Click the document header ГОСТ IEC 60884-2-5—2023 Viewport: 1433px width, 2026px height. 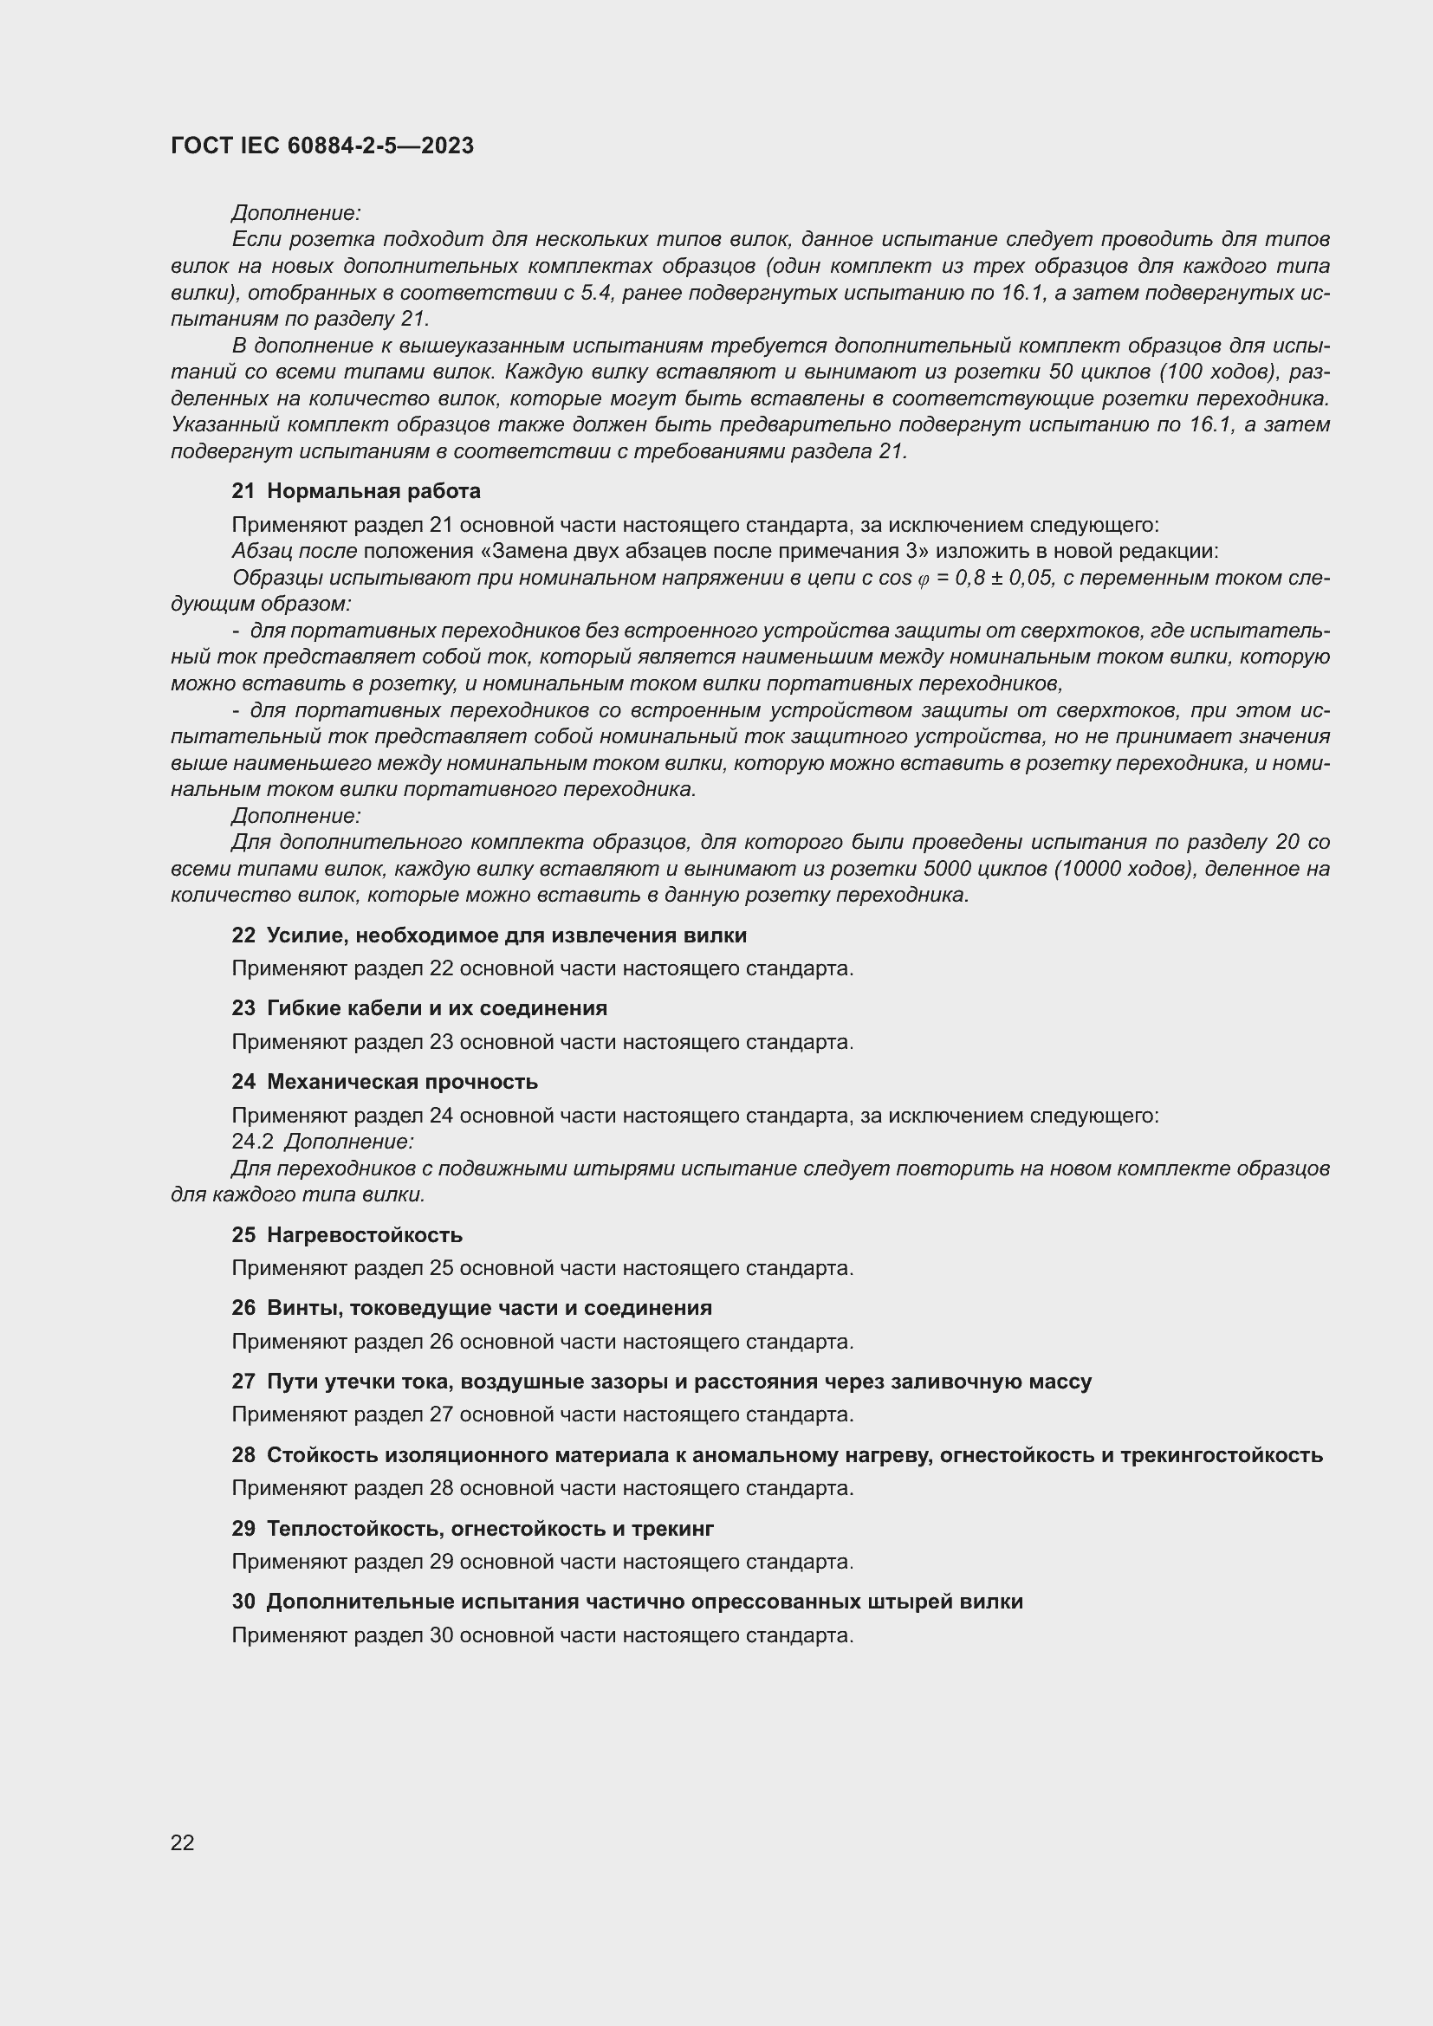coord(322,146)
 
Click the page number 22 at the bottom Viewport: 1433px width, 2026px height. coord(183,1842)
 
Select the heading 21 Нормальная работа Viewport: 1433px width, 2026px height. coord(355,490)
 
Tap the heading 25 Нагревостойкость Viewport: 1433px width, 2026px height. coord(347,1234)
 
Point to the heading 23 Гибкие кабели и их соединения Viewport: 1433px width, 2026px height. coord(419,1007)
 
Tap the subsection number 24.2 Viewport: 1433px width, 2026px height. coord(253,1141)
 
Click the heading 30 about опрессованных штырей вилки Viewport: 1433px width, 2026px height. coord(626,1601)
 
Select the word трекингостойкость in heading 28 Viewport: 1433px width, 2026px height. coord(1222,1454)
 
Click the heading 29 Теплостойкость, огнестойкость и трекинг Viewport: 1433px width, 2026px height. coord(473,1527)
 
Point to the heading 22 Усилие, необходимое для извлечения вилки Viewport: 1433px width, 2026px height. coord(489,935)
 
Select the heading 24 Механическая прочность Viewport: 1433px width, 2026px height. coord(385,1081)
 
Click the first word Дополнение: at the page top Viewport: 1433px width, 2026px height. coord(296,213)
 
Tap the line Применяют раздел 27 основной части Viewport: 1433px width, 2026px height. coord(541,1414)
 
